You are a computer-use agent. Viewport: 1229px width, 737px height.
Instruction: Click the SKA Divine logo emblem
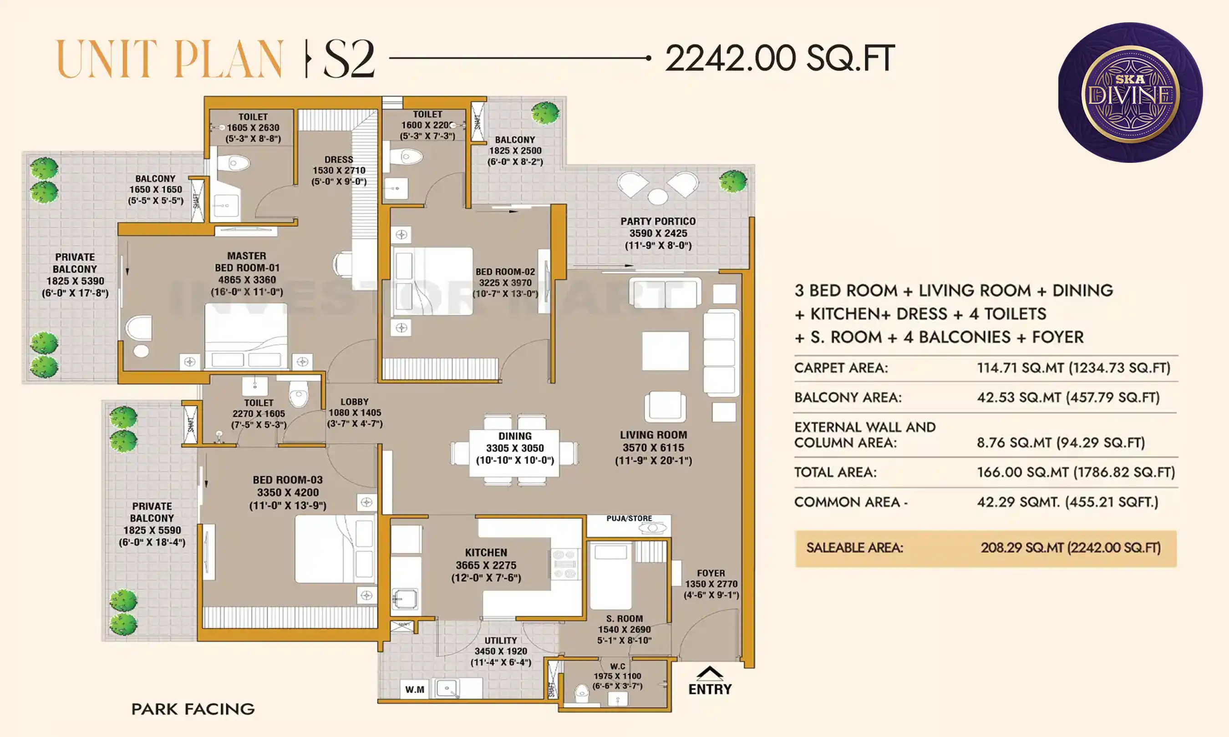(x=1130, y=92)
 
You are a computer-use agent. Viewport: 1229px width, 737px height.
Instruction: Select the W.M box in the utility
(x=414, y=689)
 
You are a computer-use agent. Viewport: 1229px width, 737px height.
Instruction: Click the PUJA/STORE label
(x=629, y=519)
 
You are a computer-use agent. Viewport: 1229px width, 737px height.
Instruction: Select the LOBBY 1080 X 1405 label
(x=355, y=412)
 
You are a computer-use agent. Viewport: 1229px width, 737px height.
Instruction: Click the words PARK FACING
(x=193, y=709)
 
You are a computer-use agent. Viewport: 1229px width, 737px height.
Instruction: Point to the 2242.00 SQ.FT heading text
(x=779, y=59)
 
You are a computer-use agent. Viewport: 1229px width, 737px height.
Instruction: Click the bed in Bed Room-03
(x=334, y=548)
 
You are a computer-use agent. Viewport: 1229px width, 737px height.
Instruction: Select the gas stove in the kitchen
(x=564, y=564)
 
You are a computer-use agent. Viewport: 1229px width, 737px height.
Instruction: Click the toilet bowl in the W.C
(x=581, y=692)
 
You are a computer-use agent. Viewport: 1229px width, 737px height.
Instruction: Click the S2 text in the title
(x=349, y=60)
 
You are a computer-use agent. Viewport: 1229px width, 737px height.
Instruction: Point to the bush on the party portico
(x=733, y=181)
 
